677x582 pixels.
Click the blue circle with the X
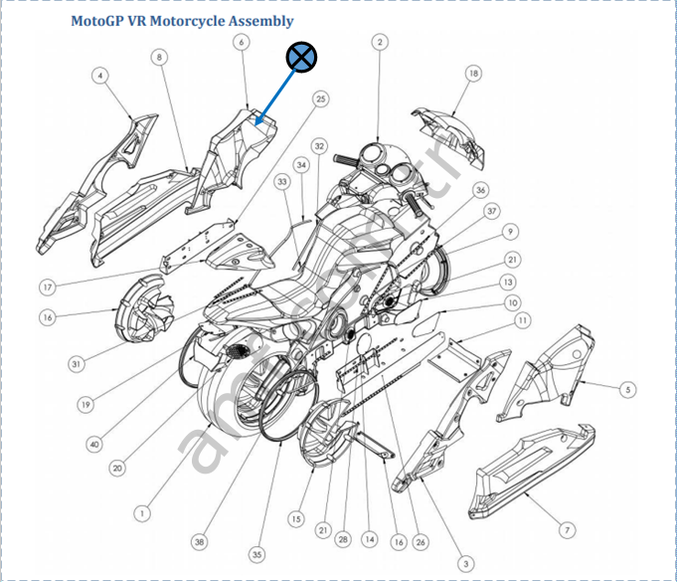[301, 59]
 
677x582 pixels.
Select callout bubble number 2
[380, 42]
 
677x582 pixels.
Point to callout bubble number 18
[473, 74]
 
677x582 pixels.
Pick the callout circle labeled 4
[100, 76]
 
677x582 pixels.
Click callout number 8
[159, 58]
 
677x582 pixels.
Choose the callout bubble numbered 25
[320, 98]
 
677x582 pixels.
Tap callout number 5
[628, 388]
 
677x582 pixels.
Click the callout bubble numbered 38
[200, 543]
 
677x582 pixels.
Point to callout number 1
[142, 514]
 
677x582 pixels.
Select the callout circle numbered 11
[523, 320]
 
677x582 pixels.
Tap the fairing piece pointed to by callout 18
[452, 134]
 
